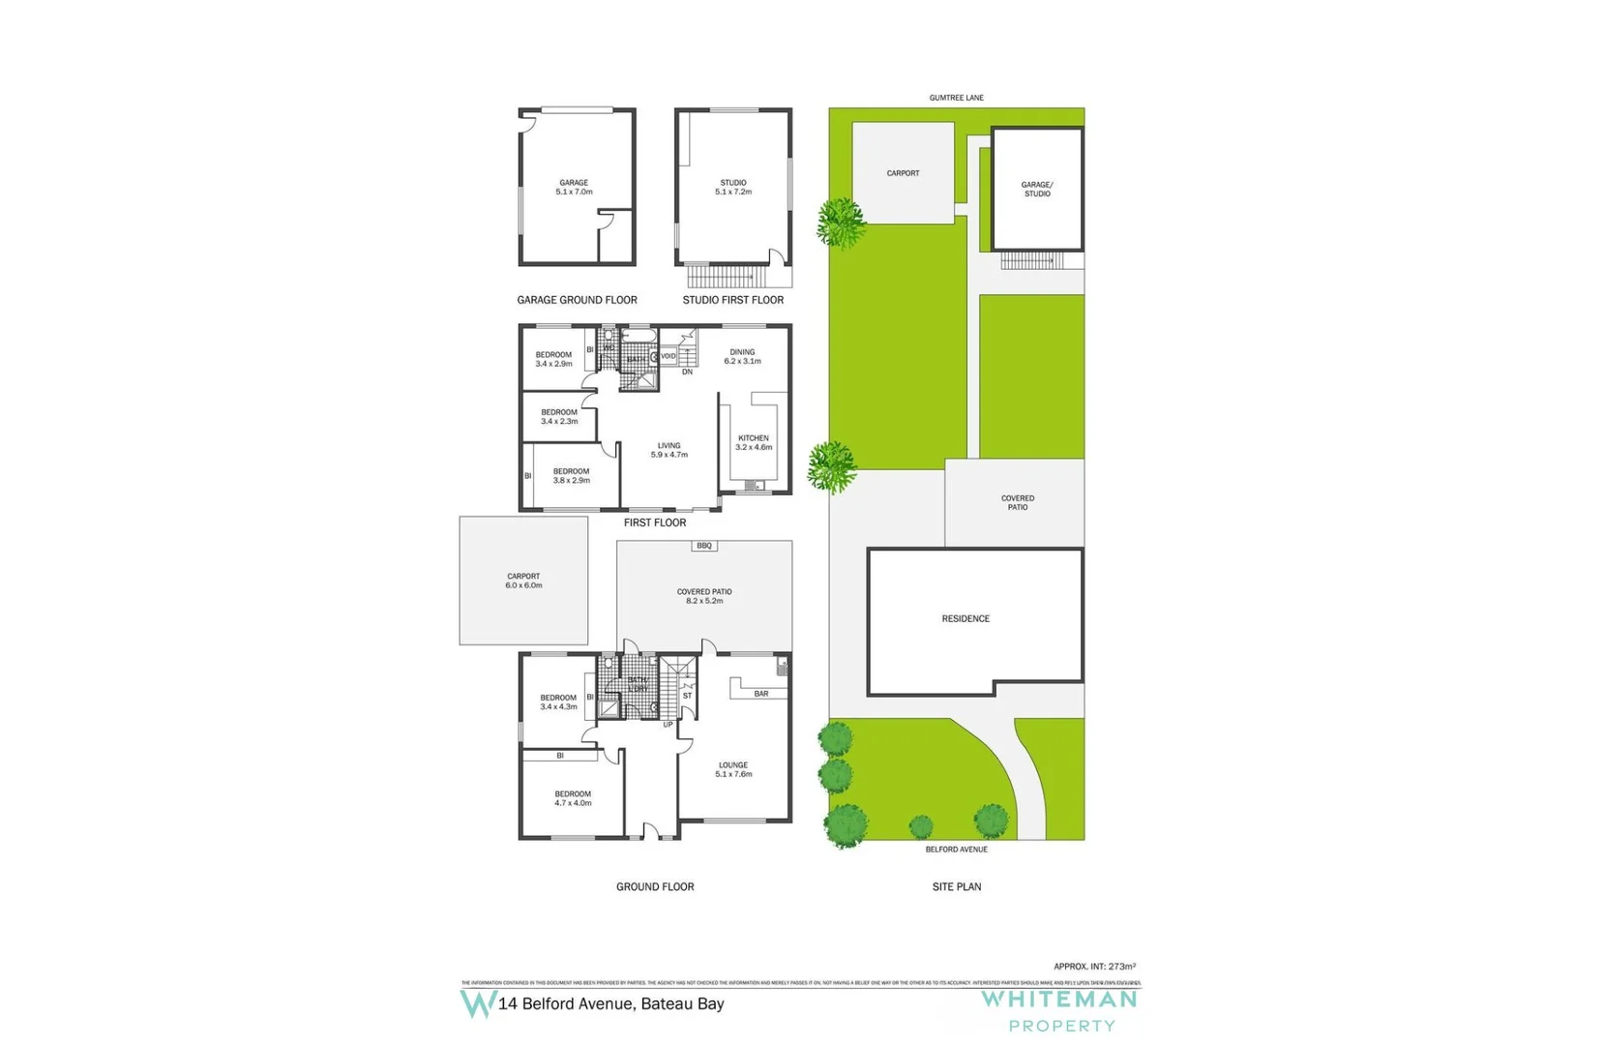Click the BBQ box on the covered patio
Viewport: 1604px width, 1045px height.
[x=703, y=546]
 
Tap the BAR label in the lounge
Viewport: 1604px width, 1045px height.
[x=761, y=694]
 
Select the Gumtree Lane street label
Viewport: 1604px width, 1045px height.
[x=956, y=98]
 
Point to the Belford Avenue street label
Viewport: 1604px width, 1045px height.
[x=956, y=850]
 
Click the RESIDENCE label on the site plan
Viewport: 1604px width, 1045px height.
[x=965, y=619]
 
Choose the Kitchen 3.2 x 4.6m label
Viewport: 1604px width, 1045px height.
[x=754, y=443]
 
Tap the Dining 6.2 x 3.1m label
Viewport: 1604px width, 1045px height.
[x=742, y=357]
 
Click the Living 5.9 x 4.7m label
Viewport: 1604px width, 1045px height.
[x=668, y=450]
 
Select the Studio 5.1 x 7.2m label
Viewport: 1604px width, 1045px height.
[x=733, y=187]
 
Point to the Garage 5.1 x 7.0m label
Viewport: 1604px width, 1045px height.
[x=574, y=187]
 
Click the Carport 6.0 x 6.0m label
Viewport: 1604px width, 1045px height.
[x=523, y=581]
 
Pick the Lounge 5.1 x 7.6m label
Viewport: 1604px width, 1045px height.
[x=733, y=769]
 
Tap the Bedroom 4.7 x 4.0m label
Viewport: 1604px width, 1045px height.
[x=573, y=798]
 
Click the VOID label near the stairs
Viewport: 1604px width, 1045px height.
[x=668, y=356]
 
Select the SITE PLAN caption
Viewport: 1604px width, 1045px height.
[x=956, y=886]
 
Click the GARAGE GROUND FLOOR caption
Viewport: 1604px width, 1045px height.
[x=577, y=300]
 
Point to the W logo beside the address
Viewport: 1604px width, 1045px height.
[x=478, y=1003]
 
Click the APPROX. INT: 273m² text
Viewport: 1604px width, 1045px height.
[x=1094, y=967]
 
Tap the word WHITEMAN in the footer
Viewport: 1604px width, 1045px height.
[x=1059, y=1000]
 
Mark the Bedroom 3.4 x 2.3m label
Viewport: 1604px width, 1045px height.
[x=559, y=417]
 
